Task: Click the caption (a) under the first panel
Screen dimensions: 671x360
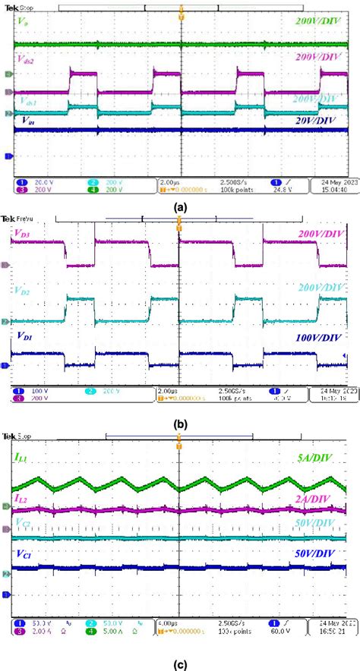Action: (x=179, y=206)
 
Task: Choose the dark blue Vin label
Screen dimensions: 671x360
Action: (x=24, y=120)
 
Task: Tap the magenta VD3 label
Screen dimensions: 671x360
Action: (x=22, y=244)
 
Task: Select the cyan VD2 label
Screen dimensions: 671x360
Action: (x=22, y=291)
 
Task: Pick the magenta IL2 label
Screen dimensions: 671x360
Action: (x=22, y=498)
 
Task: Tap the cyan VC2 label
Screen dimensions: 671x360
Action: (x=22, y=523)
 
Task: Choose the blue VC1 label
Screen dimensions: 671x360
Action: (x=23, y=556)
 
